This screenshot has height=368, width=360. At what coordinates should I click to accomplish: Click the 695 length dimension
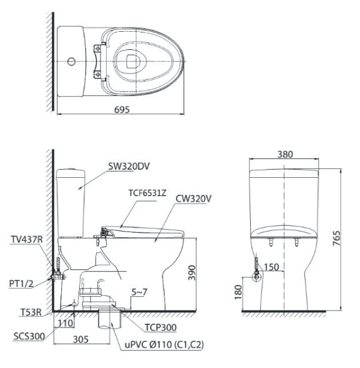[x=122, y=110]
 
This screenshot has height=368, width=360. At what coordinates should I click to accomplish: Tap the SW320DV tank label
[x=129, y=167]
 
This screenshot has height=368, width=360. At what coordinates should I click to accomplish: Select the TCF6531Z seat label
[x=147, y=193]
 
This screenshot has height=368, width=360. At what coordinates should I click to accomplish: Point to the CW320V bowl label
[x=193, y=199]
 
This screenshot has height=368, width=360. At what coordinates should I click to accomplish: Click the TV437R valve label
[x=27, y=240]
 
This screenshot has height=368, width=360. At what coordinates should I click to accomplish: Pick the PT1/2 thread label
[x=21, y=284]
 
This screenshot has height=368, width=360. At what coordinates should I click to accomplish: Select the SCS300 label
[x=29, y=336]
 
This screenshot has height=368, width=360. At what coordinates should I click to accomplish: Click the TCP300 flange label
[x=160, y=327]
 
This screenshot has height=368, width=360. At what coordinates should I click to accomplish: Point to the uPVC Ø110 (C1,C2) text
[x=164, y=345]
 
